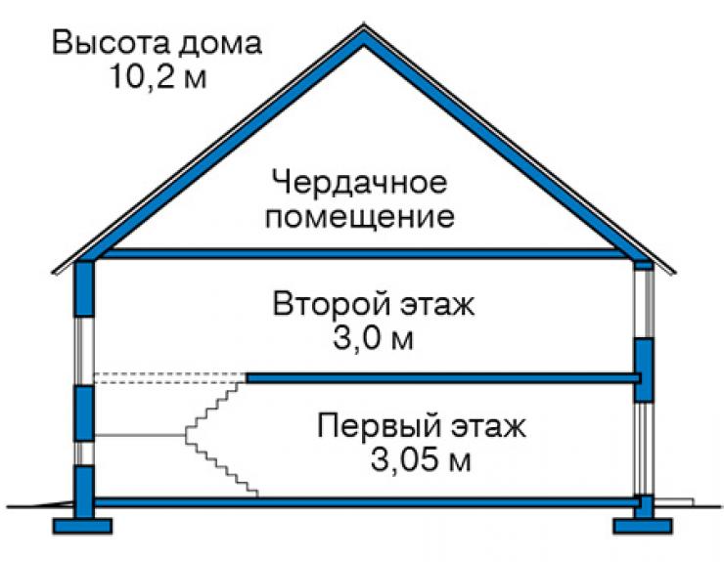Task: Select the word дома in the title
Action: (x=221, y=44)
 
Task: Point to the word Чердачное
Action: (x=359, y=183)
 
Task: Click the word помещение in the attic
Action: (x=359, y=217)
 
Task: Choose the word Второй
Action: (x=333, y=304)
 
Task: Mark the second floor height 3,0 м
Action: (x=373, y=338)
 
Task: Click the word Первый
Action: (x=379, y=426)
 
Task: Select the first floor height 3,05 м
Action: (x=421, y=459)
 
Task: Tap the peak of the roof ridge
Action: (x=364, y=24)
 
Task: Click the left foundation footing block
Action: (x=82, y=526)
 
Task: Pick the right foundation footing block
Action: (x=643, y=526)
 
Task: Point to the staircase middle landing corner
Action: (x=186, y=435)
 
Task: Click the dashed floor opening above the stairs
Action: (x=170, y=378)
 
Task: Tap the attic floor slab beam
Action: (x=360, y=253)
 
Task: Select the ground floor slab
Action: (x=365, y=502)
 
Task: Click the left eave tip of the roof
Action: (x=53, y=273)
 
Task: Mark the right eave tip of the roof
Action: (x=674, y=273)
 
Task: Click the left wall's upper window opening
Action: (x=84, y=351)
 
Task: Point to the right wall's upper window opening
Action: (x=644, y=304)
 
